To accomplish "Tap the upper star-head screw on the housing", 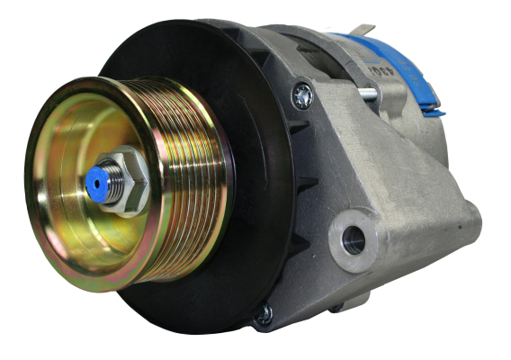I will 302,94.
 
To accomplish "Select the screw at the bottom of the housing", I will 263,314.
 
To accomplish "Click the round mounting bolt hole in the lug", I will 354,239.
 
